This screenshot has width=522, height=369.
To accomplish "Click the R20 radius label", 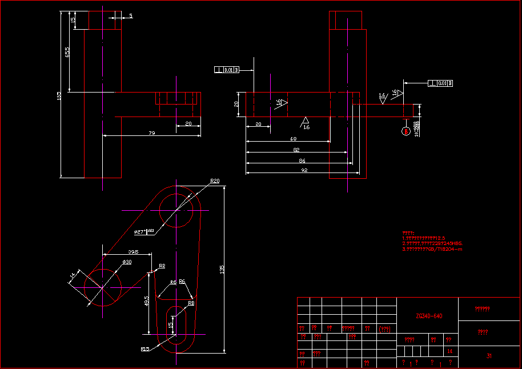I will click(215, 181).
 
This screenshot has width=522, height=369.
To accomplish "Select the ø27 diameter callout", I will click(139, 232).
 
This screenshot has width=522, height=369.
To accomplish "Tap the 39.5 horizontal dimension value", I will click(133, 251).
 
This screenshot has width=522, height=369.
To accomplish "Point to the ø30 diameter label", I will click(127, 262).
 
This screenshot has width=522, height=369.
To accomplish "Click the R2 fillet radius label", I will click(162, 266).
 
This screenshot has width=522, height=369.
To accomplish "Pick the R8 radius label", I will click(191, 303).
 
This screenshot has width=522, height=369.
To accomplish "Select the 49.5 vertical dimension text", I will click(146, 302).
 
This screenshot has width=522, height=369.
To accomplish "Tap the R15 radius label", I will click(145, 348).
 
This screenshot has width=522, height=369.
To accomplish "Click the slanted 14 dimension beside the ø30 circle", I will click(72, 276).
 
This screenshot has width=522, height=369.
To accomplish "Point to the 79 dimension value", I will click(151, 133).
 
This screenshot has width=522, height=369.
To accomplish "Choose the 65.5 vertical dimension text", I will click(67, 52).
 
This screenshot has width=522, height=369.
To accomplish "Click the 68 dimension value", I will click(293, 139).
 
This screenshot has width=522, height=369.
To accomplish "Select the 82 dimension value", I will click(296, 150).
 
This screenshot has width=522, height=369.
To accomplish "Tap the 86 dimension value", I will click(302, 161).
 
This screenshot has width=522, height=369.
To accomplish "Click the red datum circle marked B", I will click(406, 131).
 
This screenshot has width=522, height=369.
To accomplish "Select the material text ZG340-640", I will click(429, 316).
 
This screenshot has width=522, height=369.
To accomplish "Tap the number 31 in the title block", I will click(489, 356).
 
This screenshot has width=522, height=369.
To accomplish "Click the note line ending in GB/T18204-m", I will click(432, 249).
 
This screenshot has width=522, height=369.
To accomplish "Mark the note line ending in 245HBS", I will click(432, 243).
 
